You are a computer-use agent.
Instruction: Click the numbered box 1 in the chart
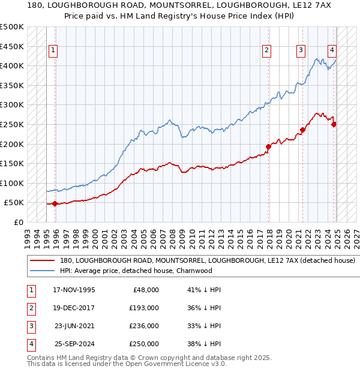(54, 51)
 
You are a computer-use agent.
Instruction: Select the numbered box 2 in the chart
(266, 51)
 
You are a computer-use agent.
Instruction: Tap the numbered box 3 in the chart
(301, 51)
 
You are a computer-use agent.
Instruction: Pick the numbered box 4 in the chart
(332, 51)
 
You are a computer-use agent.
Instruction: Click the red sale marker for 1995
(55, 203)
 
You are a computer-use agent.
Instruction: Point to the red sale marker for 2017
(269, 146)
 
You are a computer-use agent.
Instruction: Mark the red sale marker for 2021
(303, 130)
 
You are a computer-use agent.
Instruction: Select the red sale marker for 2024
(334, 124)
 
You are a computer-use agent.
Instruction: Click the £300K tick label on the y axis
(13, 105)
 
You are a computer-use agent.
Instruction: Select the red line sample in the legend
(42, 261)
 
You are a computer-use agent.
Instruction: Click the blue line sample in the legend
(42, 271)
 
